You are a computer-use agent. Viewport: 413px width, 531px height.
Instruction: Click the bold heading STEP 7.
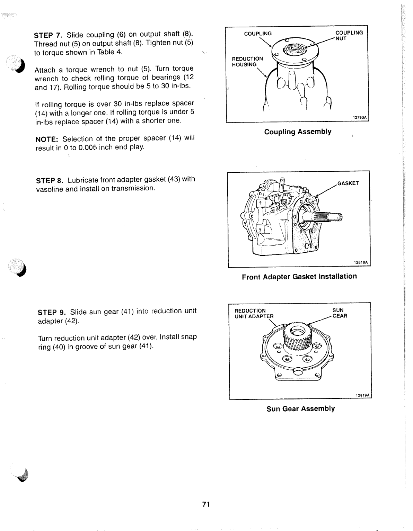[x=48, y=35]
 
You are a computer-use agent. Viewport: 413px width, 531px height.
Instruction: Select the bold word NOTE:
[x=47, y=139]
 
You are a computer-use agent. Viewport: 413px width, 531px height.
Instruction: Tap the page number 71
[x=206, y=504]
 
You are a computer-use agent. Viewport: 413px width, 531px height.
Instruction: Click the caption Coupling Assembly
[x=298, y=132]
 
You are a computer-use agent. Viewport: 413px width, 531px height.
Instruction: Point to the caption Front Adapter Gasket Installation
[x=299, y=277]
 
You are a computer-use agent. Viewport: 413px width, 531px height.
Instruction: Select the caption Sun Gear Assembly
[x=300, y=409]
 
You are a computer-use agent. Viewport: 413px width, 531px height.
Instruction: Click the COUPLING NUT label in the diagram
[x=349, y=35]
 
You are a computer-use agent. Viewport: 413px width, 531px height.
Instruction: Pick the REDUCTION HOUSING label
[x=247, y=61]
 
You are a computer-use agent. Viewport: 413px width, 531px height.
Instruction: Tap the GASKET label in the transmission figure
[x=348, y=183]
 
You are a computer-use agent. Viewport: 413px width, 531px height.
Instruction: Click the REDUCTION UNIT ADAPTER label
[x=254, y=313]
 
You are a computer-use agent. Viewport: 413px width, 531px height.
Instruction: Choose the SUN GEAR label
[x=340, y=313]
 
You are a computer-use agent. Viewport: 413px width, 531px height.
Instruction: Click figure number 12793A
[x=360, y=118]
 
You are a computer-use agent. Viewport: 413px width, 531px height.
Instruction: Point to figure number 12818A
[x=361, y=262]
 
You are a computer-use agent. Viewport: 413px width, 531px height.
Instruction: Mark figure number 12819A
[x=363, y=395]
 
